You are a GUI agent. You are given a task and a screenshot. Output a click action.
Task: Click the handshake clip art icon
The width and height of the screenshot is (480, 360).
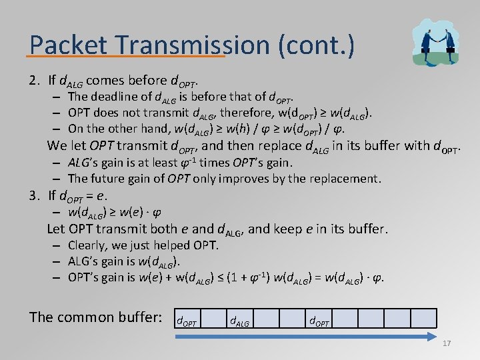coord(435,41)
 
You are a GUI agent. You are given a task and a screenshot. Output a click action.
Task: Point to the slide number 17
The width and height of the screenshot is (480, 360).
coord(447,343)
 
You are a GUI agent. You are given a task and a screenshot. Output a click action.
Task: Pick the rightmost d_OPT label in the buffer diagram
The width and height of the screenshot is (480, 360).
coord(319,323)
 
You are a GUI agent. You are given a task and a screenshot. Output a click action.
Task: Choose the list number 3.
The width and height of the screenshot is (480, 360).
coord(34,195)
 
